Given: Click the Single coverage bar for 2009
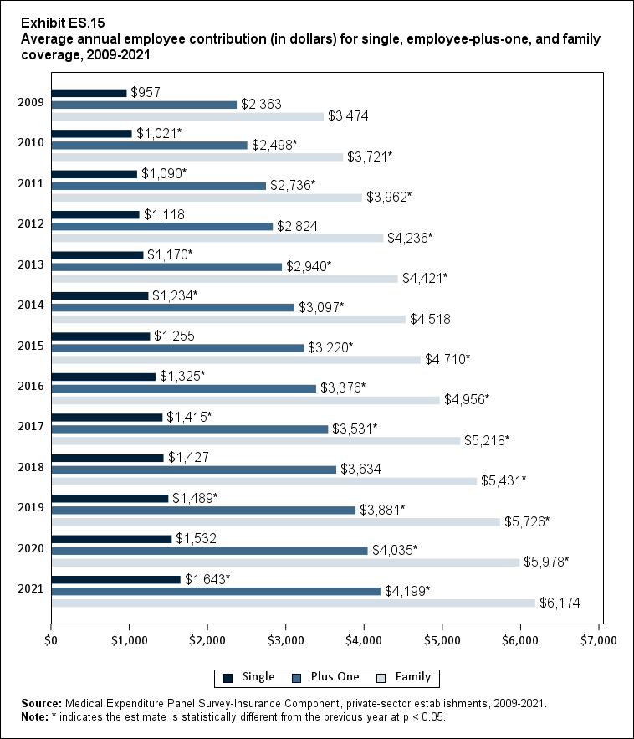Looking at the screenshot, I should tap(89, 93).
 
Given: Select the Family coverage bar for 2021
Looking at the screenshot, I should tap(293, 603).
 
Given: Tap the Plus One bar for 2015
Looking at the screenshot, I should tap(177, 348).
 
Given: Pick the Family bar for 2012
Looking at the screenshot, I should tap(217, 238).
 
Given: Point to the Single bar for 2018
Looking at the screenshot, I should tap(107, 458).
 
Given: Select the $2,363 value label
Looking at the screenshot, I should tap(261, 105).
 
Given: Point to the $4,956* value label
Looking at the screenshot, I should tap(467, 399).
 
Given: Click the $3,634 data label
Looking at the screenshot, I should tap(360, 469).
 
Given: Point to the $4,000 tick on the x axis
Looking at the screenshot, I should tap(364, 640).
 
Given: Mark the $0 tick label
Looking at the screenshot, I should tap(51, 640).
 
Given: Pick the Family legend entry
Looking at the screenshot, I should tap(405, 677).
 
